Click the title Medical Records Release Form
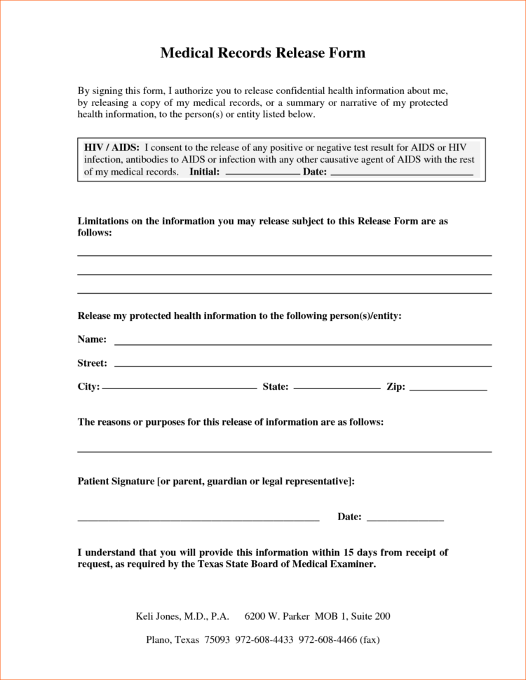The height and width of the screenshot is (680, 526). point(263,53)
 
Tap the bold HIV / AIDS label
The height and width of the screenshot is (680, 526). point(112,148)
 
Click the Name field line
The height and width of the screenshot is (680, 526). point(302,344)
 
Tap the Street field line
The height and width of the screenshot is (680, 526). point(302,366)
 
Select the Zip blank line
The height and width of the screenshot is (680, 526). point(447,389)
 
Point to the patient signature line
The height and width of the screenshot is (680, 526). point(198,521)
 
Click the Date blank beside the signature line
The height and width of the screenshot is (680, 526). point(405,521)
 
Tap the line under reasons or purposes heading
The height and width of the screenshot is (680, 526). point(284,451)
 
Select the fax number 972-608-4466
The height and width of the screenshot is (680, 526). point(327,639)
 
